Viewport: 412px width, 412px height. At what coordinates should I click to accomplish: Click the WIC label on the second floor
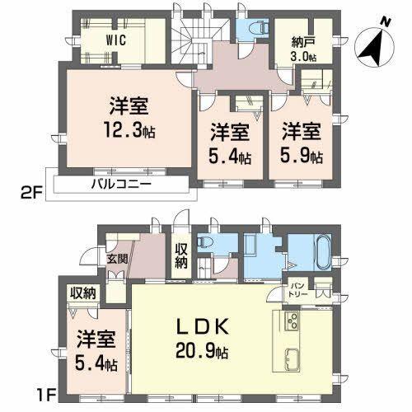(x=115, y=38)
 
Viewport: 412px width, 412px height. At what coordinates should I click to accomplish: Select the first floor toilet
(x=209, y=246)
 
